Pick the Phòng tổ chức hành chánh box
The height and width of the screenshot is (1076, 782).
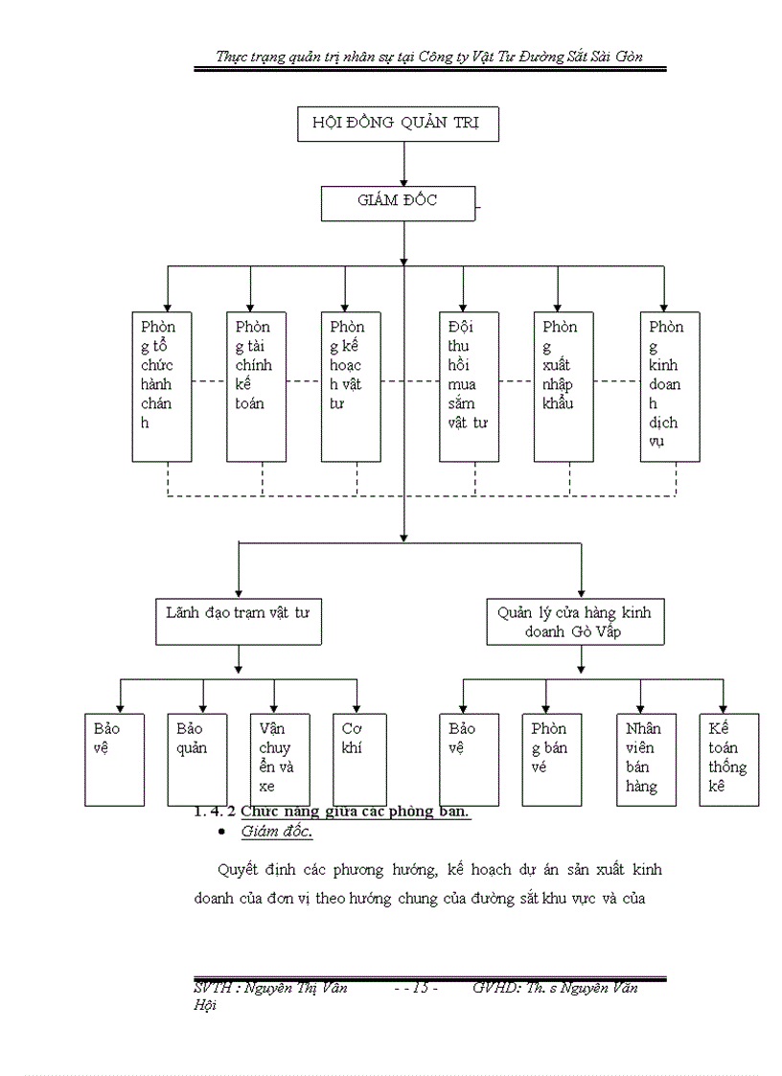click(162, 385)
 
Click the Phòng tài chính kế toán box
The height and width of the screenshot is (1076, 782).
click(256, 385)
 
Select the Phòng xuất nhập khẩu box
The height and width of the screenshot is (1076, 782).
click(563, 385)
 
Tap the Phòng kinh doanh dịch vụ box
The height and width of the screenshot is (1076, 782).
click(670, 385)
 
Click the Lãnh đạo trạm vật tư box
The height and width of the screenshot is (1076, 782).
click(238, 620)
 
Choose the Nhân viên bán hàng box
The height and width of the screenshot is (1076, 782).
click(641, 758)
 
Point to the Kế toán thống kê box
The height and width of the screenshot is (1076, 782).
click(728, 758)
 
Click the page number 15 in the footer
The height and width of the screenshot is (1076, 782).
click(419, 989)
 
